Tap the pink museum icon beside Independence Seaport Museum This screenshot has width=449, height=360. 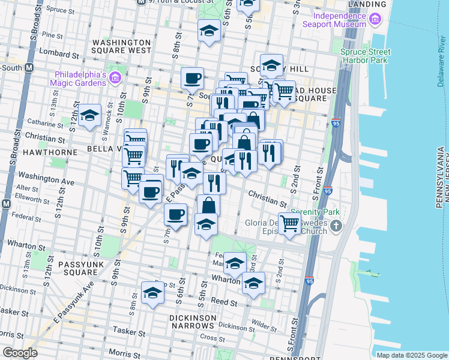pyautogui.click(x=376, y=20)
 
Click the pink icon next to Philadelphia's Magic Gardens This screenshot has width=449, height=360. pyautogui.click(x=115, y=78)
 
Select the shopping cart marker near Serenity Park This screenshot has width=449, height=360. pyautogui.click(x=290, y=224)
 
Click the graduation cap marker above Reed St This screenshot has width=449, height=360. pyautogui.click(x=153, y=293)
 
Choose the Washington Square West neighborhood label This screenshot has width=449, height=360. pyautogui.click(x=122, y=46)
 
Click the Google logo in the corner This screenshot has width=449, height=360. pyautogui.click(x=19, y=353)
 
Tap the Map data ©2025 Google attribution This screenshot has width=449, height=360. pyautogui.click(x=412, y=355)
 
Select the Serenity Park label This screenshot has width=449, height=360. pyautogui.click(x=315, y=212)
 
